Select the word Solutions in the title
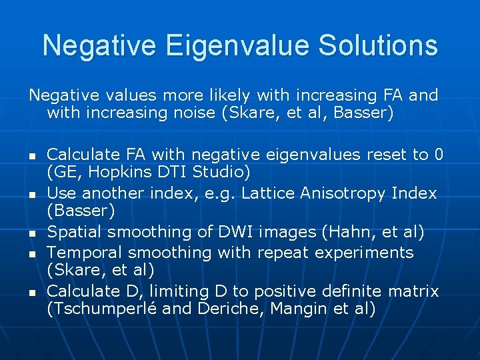[378, 45]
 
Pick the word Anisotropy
[349, 193]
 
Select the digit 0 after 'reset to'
[438, 155]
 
